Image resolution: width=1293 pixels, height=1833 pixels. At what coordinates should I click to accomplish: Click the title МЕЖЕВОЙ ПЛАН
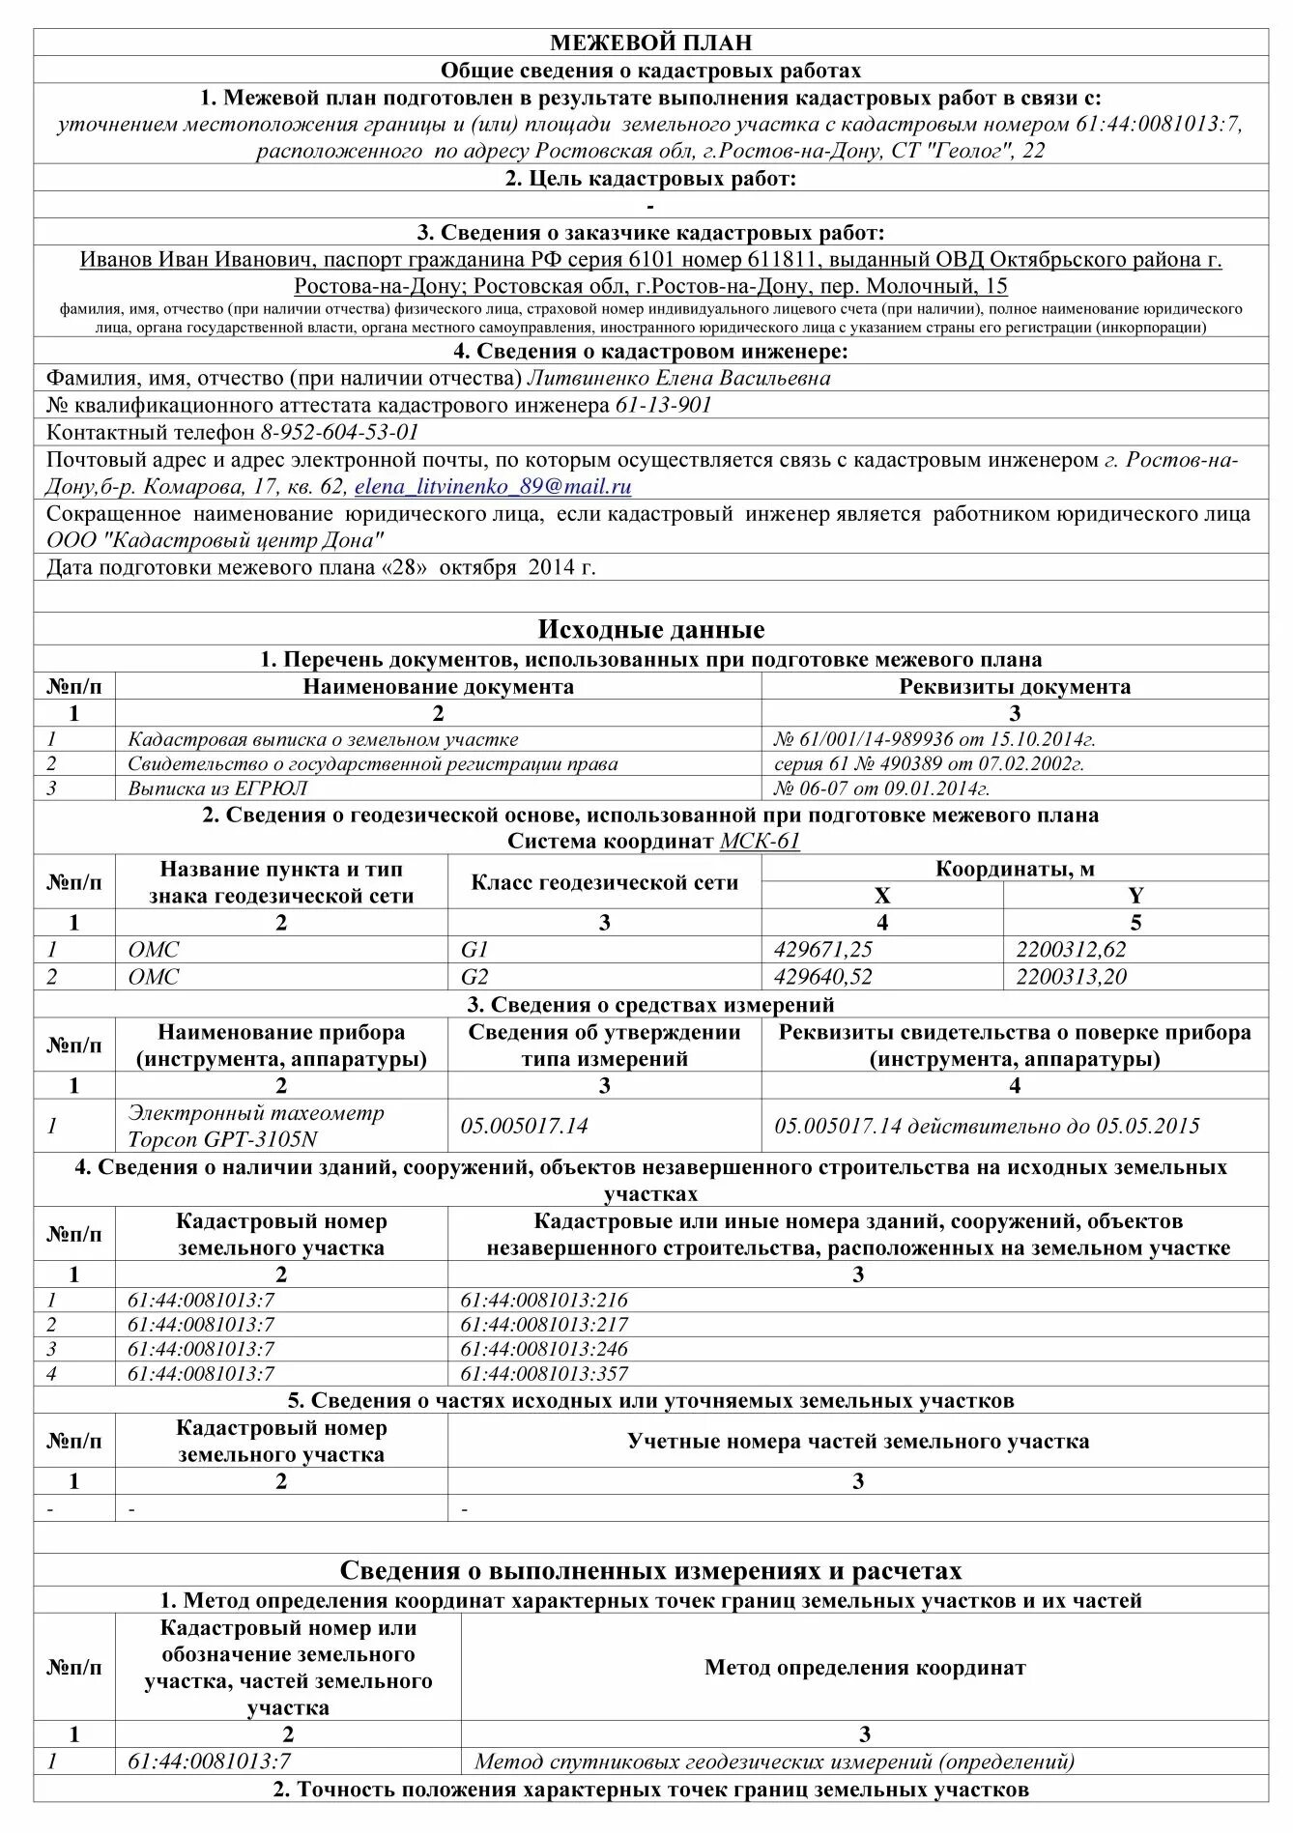click(x=650, y=43)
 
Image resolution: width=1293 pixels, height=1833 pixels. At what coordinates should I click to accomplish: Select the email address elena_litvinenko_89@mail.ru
click(x=493, y=487)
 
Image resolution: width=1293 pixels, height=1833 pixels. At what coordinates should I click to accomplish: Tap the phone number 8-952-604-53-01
click(x=339, y=432)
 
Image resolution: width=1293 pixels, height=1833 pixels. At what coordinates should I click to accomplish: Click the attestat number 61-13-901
click(x=663, y=405)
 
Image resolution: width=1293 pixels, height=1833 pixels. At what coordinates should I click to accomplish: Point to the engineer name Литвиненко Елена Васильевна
click(x=677, y=378)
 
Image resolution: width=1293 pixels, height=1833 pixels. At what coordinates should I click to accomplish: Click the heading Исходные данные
click(x=650, y=630)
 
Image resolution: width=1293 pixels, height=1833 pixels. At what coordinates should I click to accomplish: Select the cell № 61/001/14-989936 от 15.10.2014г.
click(x=934, y=739)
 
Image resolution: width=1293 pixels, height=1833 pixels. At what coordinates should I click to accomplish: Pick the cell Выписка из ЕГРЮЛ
click(x=217, y=788)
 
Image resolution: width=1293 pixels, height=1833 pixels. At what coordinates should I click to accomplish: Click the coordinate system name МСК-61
click(x=760, y=841)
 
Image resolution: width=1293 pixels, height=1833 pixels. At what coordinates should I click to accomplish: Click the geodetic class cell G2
click(x=474, y=977)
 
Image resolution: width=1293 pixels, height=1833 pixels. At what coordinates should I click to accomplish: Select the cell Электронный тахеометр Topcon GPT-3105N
click(x=256, y=1125)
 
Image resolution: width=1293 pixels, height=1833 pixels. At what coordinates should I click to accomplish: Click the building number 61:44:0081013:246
click(x=543, y=1349)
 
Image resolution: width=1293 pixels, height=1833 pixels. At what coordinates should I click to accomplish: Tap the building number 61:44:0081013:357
click(x=543, y=1373)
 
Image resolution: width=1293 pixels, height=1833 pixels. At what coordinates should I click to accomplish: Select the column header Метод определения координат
click(x=864, y=1667)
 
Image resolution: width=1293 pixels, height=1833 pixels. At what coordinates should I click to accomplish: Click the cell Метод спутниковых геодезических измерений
click(x=773, y=1761)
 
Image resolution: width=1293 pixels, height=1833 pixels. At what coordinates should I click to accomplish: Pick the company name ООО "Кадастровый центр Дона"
click(x=215, y=540)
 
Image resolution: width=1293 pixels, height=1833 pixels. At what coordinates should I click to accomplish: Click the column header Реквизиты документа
click(x=1014, y=687)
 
